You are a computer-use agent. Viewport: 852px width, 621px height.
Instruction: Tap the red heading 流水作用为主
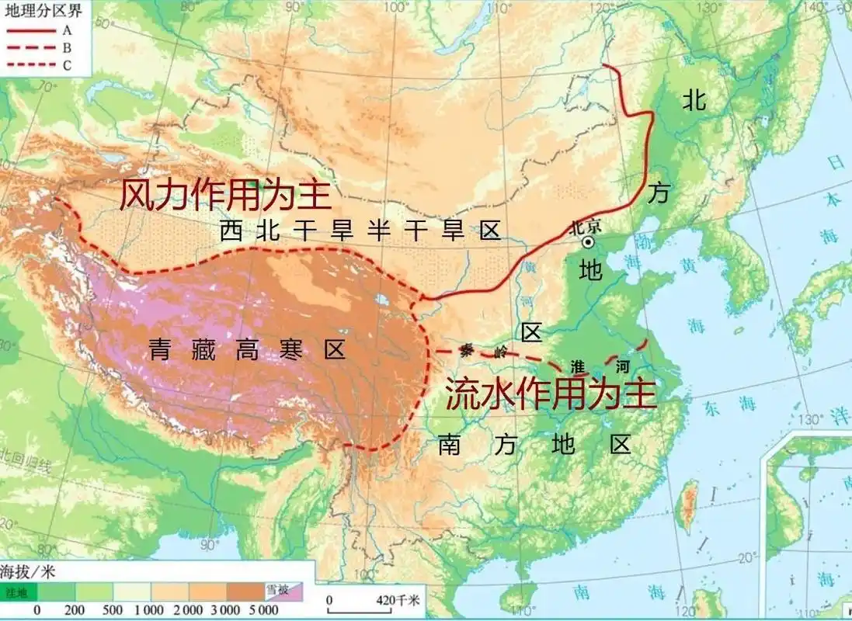click(x=551, y=394)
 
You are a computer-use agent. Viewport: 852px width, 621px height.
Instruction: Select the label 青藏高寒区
click(x=247, y=351)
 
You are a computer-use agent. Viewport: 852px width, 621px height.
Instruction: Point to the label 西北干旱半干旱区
click(x=360, y=231)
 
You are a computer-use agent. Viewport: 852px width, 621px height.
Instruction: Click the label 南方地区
click(x=534, y=444)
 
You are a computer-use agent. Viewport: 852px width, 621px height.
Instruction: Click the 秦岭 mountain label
click(x=477, y=350)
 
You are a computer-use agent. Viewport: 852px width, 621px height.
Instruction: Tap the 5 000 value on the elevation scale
click(x=264, y=611)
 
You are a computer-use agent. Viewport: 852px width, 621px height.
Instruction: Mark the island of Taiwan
click(x=686, y=505)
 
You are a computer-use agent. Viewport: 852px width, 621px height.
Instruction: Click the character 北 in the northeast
click(x=694, y=99)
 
